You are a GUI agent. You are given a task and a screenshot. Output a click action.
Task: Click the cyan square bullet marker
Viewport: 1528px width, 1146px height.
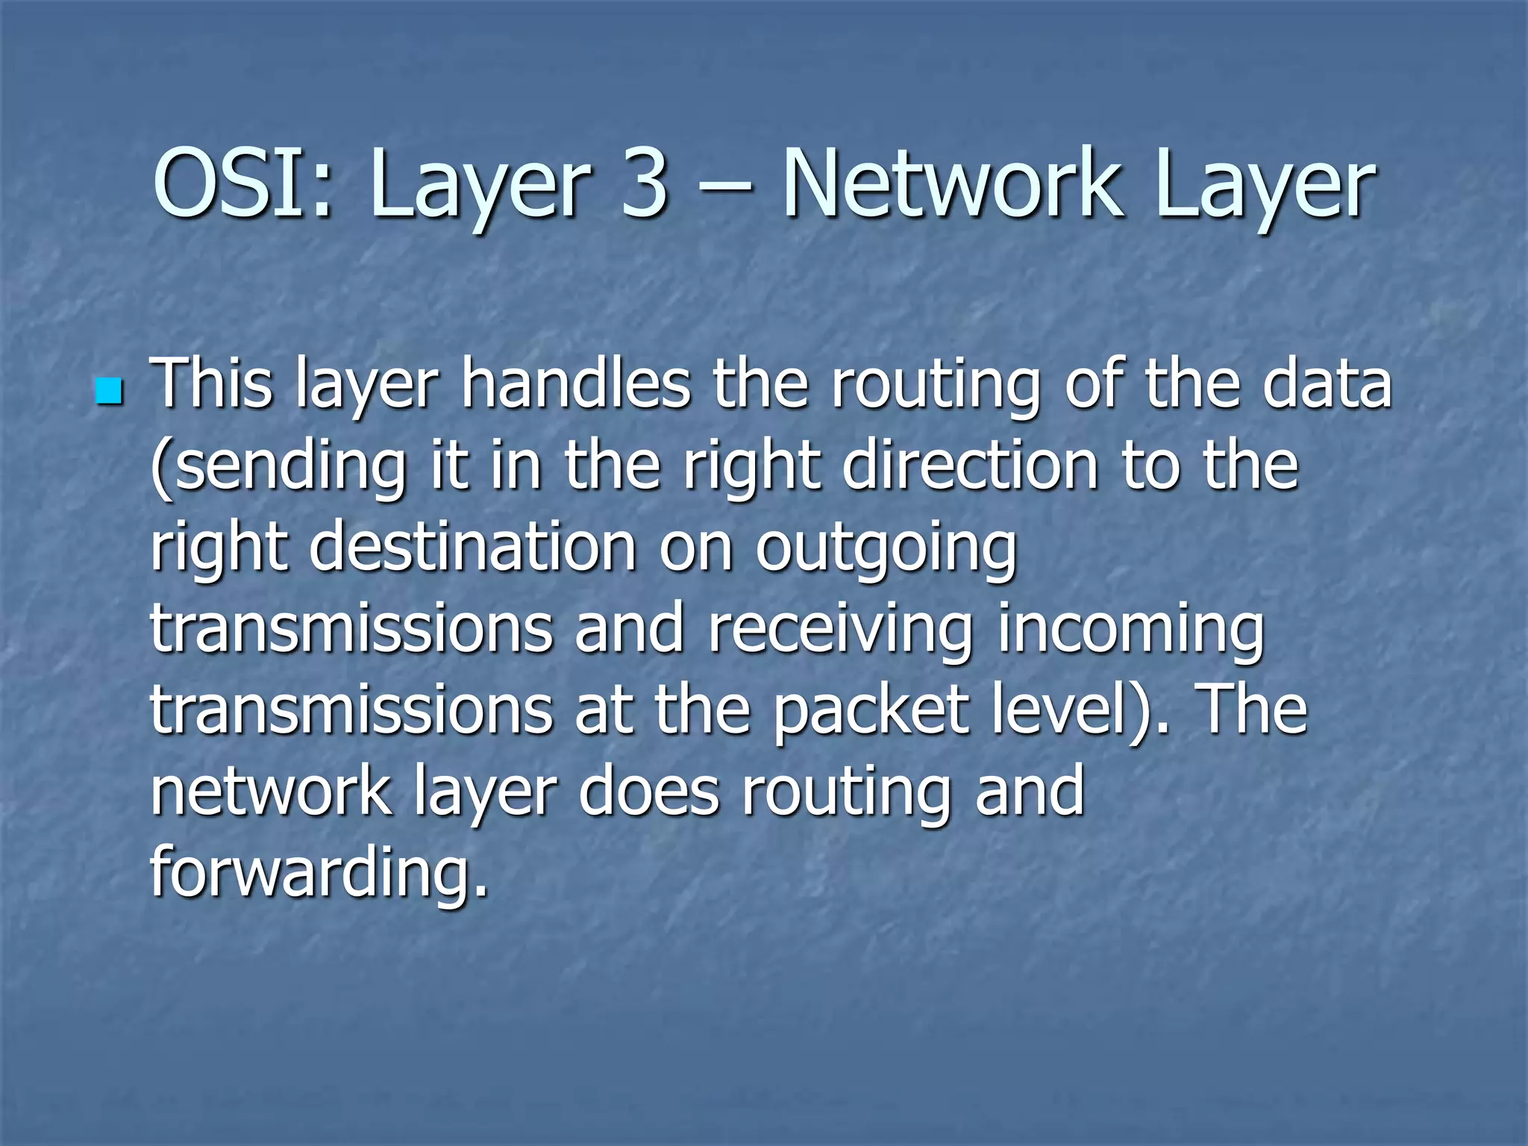point(109,392)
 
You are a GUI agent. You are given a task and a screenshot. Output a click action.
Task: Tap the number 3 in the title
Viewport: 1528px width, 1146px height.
point(644,184)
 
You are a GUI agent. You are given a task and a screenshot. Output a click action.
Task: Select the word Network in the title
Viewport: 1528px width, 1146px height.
point(951,184)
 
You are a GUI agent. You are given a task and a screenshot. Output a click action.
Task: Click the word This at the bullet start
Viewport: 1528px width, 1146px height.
point(212,384)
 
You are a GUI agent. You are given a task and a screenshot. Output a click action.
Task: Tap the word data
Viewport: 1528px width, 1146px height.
point(1327,384)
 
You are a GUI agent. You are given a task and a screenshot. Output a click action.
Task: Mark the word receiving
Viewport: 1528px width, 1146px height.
point(840,630)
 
